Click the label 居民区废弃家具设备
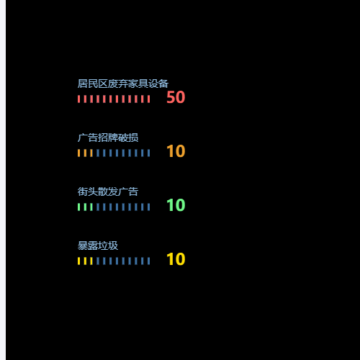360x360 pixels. point(123,84)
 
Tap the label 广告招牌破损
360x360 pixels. point(108,138)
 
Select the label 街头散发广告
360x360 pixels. point(108,192)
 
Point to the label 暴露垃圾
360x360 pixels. point(98,246)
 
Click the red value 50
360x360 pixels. point(176,97)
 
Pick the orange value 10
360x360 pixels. point(176,151)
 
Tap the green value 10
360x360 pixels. point(176,205)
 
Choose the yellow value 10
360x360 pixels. point(176,259)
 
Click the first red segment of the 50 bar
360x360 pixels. point(78,99)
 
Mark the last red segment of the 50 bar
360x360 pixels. point(148,99)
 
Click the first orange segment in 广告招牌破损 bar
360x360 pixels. point(78,153)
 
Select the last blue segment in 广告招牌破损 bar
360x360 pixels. point(148,153)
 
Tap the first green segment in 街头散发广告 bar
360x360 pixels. point(78,207)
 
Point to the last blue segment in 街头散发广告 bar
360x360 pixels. point(148,207)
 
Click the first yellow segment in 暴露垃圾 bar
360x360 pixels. point(78,261)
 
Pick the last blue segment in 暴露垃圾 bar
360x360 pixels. point(148,261)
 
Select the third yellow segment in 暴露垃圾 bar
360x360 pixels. point(91,261)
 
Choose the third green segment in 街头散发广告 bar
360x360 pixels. point(91,207)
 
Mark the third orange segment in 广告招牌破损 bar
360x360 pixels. point(91,153)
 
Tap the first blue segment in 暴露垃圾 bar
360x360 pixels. point(98,261)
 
